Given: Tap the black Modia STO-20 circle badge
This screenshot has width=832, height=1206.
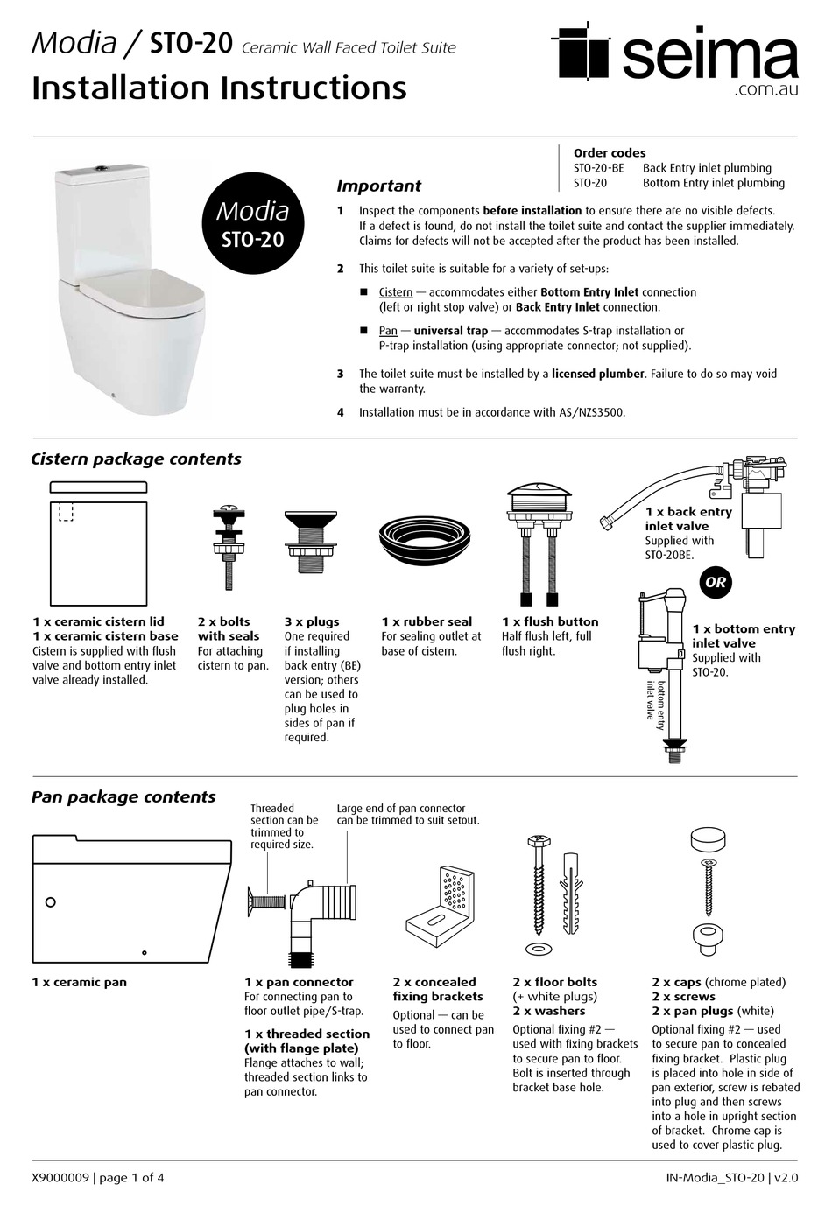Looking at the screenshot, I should pyautogui.click(x=252, y=224).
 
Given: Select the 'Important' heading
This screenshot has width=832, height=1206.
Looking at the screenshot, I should pyautogui.click(x=378, y=186).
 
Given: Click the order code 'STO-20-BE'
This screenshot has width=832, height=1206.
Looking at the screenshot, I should pyautogui.click(x=598, y=168).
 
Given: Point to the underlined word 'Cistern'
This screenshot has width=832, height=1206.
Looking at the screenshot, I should pyautogui.click(x=395, y=292).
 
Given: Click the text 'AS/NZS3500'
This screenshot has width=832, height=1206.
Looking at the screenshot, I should pyautogui.click(x=591, y=412).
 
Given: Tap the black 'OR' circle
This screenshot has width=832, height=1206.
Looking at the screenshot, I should pyautogui.click(x=716, y=582).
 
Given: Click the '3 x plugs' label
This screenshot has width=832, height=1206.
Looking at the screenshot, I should pyautogui.click(x=311, y=621).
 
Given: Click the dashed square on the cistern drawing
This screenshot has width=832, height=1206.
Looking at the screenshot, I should pyautogui.click(x=67, y=511).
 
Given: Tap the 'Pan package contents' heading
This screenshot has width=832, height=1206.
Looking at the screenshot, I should pyautogui.click(x=123, y=796).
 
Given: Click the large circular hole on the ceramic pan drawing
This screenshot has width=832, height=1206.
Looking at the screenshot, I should pyautogui.click(x=50, y=901).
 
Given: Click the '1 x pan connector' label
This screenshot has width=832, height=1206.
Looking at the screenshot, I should pyautogui.click(x=299, y=982).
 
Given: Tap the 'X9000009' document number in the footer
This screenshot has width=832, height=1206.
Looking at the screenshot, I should pyautogui.click(x=60, y=1178).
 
